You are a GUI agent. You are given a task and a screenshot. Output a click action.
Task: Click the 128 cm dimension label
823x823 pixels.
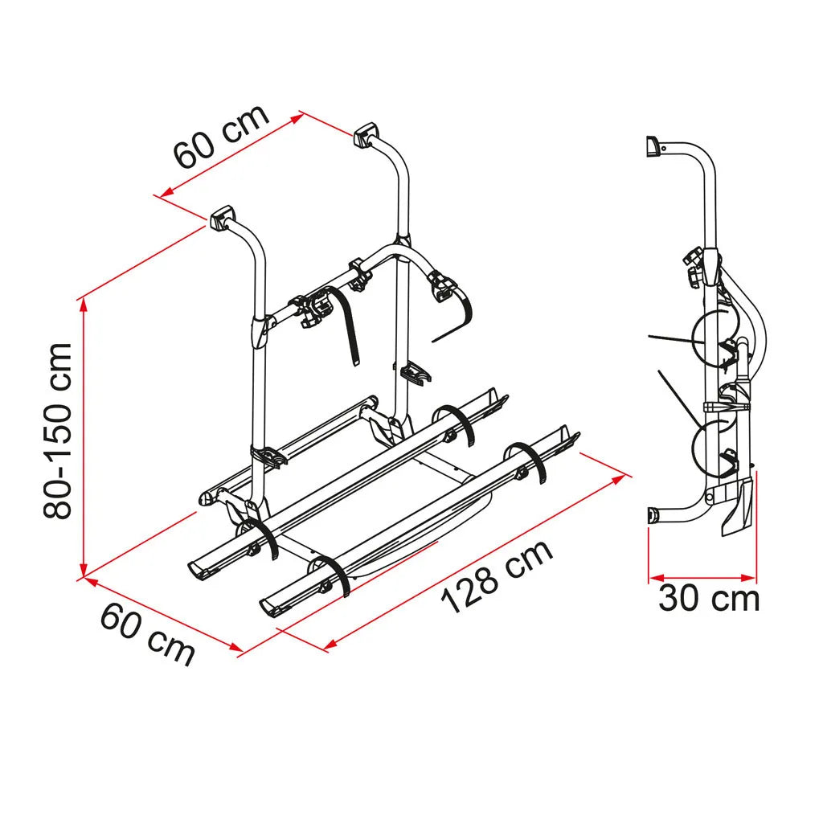pos(497,575)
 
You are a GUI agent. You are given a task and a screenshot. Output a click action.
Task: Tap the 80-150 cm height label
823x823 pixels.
pos(58,431)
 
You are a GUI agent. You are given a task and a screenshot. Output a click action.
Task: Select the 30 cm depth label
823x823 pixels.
pos(709,598)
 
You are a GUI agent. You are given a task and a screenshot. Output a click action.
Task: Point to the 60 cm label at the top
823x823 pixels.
pos(221,137)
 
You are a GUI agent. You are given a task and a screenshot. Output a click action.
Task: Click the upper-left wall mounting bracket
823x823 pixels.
pos(223,217)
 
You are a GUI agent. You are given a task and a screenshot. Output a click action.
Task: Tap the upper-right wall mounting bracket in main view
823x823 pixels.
pos(366,134)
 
